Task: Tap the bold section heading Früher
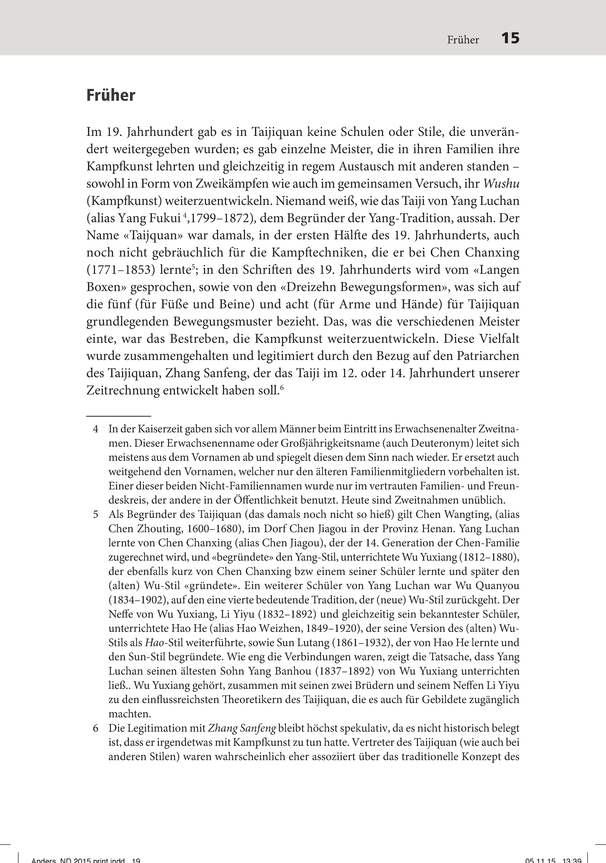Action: (x=111, y=95)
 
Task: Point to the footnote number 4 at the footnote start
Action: (x=96, y=429)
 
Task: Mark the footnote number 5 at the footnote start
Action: (x=96, y=515)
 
